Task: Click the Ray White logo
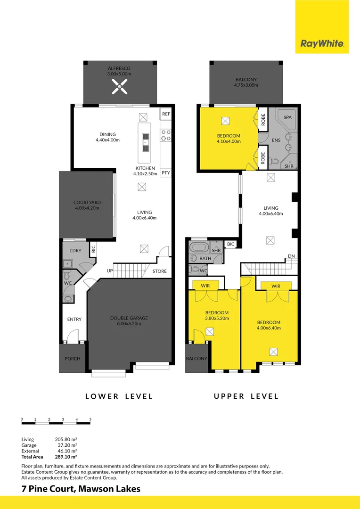tap(322, 44)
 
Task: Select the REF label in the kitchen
tap(165, 115)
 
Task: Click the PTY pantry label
tap(165, 173)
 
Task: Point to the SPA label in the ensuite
tap(286, 116)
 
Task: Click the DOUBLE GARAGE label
tap(129, 318)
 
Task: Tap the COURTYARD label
tap(87, 203)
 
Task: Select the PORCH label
tap(72, 359)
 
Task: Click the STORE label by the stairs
tap(159, 271)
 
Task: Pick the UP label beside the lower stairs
tap(110, 271)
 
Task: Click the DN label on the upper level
tap(291, 257)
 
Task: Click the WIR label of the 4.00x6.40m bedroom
tap(276, 286)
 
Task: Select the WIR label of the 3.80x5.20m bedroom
tap(205, 285)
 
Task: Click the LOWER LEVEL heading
tap(119, 396)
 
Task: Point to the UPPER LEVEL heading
tap(246, 396)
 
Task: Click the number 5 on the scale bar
tap(90, 419)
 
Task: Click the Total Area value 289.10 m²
tap(66, 457)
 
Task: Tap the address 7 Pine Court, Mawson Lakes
tap(81, 489)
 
